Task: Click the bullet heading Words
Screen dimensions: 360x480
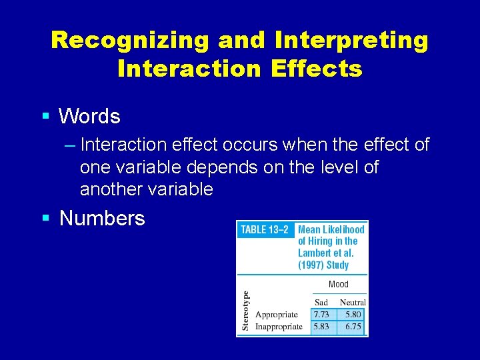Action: point(89,117)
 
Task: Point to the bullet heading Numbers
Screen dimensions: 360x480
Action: point(102,218)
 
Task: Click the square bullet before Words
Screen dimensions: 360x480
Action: point(45,117)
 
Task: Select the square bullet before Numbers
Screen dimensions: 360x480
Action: point(45,218)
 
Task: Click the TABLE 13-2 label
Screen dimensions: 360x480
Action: point(265,230)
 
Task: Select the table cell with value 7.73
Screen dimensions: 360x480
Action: point(321,314)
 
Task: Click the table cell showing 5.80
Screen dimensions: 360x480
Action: point(353,314)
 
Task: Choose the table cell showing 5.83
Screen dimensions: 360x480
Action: point(321,327)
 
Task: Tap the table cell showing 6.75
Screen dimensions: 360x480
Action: point(353,327)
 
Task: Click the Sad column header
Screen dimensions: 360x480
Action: point(321,302)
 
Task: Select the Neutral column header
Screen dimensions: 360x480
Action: point(353,302)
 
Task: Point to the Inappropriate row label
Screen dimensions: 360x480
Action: point(279,327)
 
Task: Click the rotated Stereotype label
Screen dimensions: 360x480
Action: point(245,311)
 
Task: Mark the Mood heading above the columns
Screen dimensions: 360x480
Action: point(338,285)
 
